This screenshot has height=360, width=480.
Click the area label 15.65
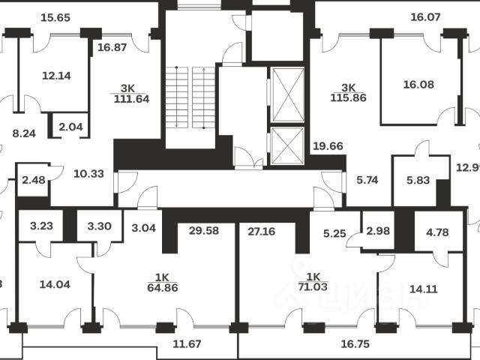(x=55, y=17)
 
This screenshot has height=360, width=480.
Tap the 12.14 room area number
(x=56, y=76)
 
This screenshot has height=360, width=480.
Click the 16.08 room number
(x=418, y=85)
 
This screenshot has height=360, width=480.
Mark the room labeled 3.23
(x=40, y=224)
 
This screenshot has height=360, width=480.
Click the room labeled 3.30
(x=99, y=224)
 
